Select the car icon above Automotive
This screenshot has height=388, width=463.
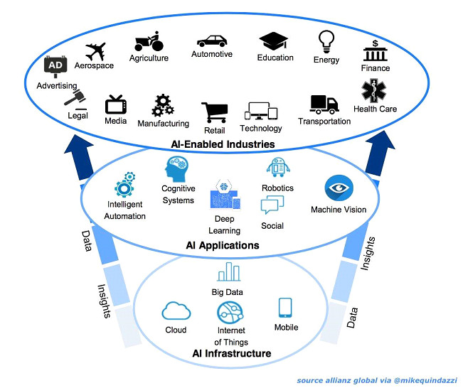pyautogui.click(x=211, y=41)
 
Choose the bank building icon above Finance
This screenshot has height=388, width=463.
pyautogui.click(x=375, y=52)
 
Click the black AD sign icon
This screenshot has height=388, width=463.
pyautogui.click(x=55, y=67)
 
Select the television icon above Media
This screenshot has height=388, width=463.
pyautogui.click(x=116, y=105)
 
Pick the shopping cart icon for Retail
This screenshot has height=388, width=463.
pyautogui.click(x=214, y=112)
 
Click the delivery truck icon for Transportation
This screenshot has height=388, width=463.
pyautogui.click(x=324, y=104)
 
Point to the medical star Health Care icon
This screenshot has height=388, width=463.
pyautogui.click(x=374, y=91)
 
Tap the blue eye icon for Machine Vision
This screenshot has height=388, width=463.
pyautogui.click(x=338, y=189)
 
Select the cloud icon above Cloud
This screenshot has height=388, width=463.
pyautogui.click(x=175, y=311)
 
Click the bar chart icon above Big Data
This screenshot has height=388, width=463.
pyautogui.click(x=228, y=272)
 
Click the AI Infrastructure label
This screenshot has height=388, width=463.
pyautogui.click(x=232, y=353)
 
